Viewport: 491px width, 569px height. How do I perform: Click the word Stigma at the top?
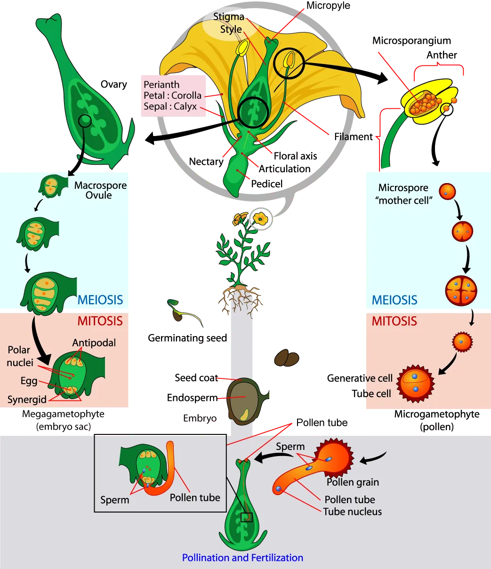coord(229,17)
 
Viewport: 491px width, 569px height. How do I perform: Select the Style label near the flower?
coord(231,29)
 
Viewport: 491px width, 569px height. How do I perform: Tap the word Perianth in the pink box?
coord(161,85)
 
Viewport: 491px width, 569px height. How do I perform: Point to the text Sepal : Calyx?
coord(170,106)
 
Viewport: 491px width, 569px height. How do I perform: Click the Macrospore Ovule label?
coord(100,190)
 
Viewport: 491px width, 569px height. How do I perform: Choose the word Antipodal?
coord(94,343)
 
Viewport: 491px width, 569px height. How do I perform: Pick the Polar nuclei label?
coord(19,356)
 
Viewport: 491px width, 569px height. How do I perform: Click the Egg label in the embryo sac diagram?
coord(29,381)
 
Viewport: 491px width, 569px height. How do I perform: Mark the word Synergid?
coord(27,400)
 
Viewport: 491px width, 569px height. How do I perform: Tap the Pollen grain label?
coord(353,482)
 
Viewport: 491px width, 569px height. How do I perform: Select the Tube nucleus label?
coord(352,512)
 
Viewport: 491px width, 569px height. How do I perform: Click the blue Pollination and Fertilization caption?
coord(242,558)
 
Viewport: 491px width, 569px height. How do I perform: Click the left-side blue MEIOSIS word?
coord(100,300)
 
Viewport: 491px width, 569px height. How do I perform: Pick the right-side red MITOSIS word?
coord(394,321)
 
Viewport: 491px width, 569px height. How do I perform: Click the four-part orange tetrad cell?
coord(461,291)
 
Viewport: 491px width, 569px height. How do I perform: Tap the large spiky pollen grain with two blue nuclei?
coord(415,382)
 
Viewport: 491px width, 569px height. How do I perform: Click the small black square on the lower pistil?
coord(246,517)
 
